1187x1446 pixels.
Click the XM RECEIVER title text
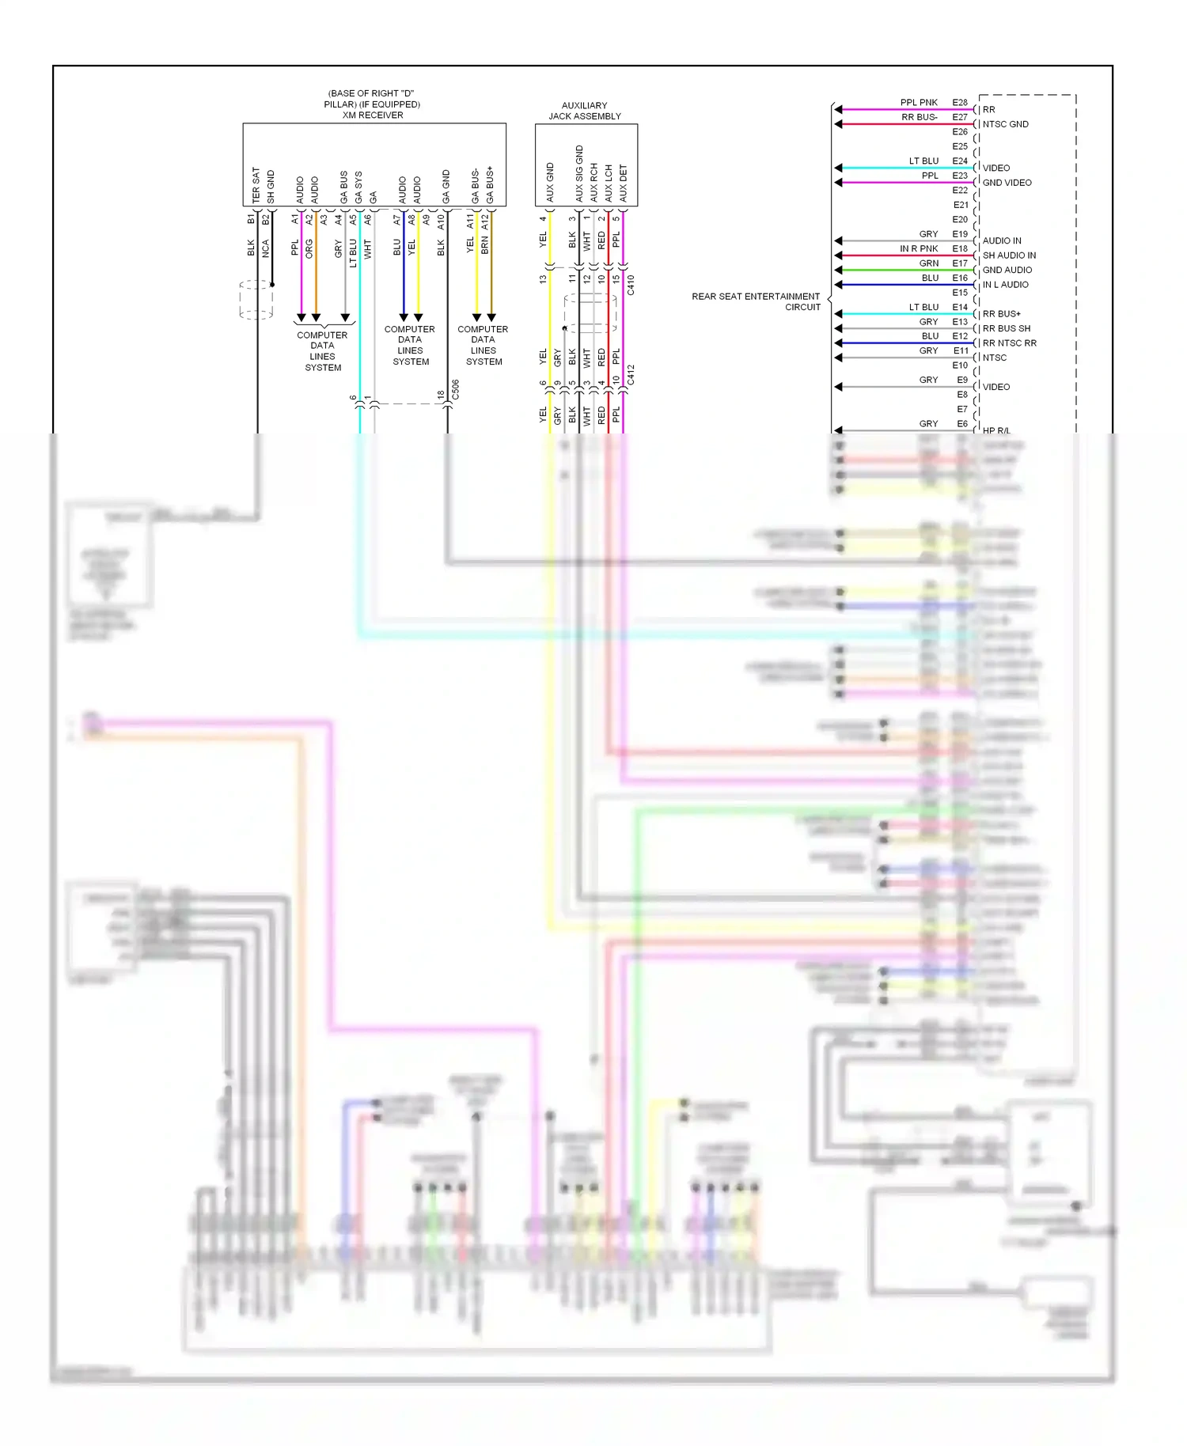click(372, 115)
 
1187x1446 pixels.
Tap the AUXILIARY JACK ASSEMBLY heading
click(585, 111)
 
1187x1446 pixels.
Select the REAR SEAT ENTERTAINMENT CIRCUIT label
click(756, 301)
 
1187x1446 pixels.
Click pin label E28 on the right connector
click(959, 103)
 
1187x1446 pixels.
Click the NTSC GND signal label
click(1005, 124)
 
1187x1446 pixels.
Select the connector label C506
click(455, 390)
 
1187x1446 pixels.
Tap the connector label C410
click(631, 285)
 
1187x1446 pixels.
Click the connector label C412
click(631, 375)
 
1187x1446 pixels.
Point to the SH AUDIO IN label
click(1009, 256)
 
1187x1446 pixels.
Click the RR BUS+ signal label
click(1001, 314)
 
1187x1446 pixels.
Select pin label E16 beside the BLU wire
click(959, 278)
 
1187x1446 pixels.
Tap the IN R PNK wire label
click(918, 249)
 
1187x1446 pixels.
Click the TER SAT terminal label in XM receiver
click(256, 184)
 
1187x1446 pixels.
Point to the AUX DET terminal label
click(623, 183)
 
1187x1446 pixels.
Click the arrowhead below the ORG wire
click(316, 317)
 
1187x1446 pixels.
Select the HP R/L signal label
click(995, 430)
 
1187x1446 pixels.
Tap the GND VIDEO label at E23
click(1007, 183)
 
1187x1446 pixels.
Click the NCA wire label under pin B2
click(266, 248)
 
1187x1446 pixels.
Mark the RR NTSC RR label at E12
click(1009, 343)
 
